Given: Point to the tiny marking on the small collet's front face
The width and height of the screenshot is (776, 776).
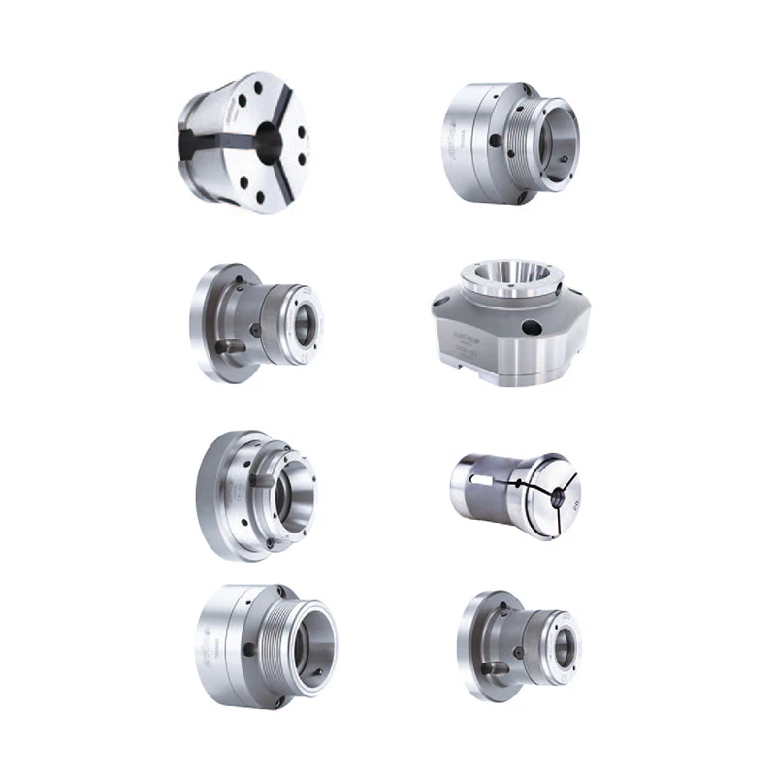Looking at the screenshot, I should tap(572, 505).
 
